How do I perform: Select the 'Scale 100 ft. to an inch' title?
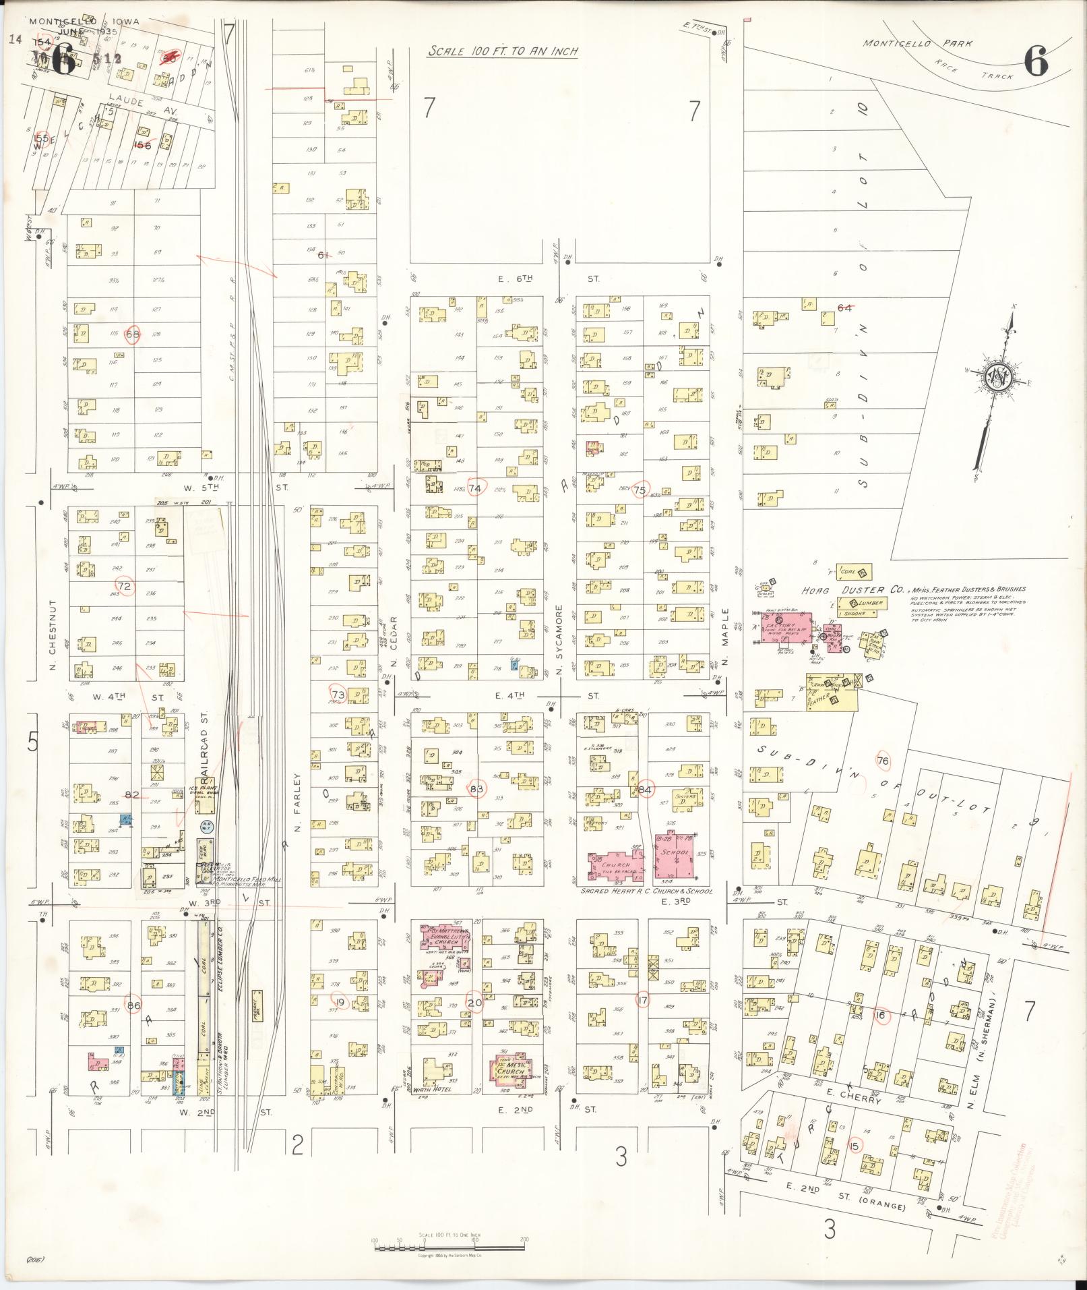[503, 51]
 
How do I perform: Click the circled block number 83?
[477, 788]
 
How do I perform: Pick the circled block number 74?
[476, 488]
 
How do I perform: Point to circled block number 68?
[132, 334]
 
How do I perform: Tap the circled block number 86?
[134, 1004]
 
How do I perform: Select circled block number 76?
[883, 761]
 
